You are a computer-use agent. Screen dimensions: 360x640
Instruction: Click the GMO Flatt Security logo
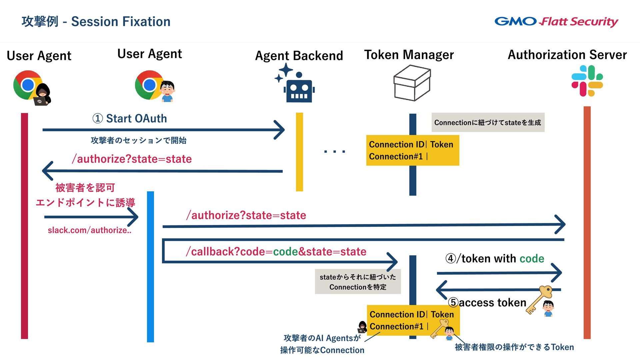[556, 22]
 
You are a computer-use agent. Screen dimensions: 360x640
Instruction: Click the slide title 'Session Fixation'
[121, 22]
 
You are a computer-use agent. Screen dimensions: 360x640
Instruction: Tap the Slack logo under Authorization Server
[587, 81]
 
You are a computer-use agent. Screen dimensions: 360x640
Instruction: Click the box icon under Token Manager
[412, 83]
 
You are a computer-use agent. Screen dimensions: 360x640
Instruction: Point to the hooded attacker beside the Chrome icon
[42, 95]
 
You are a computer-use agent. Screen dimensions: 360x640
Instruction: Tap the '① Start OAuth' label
[130, 119]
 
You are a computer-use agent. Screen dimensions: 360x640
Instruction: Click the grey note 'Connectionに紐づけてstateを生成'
[488, 123]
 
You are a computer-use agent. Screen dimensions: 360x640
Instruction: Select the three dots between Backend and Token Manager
[334, 152]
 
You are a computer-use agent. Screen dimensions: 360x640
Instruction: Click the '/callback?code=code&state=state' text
[276, 252]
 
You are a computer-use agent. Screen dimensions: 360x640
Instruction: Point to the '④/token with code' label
[495, 259]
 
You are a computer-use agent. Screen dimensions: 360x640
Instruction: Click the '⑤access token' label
[487, 303]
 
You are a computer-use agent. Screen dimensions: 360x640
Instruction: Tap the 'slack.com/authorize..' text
[89, 230]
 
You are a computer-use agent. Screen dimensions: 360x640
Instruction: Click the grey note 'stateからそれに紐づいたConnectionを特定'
[358, 282]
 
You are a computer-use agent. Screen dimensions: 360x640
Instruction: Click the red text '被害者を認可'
[85, 188]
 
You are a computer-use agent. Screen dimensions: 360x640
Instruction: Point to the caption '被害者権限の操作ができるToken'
[514, 347]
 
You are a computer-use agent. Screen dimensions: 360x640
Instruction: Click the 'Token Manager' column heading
[409, 55]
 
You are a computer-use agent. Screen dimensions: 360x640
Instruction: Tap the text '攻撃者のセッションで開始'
[138, 141]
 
